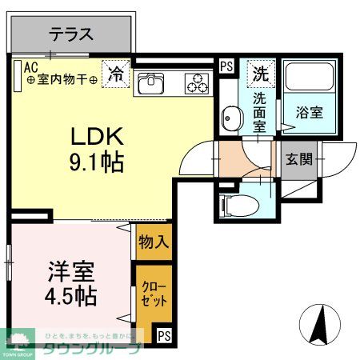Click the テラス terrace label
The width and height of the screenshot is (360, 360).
click(72, 35)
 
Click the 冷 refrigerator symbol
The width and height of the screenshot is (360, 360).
click(116, 75)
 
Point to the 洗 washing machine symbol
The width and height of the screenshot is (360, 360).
click(260, 74)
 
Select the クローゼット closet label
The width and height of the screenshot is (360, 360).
click(150, 295)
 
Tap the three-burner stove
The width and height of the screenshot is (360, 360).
click(195, 80)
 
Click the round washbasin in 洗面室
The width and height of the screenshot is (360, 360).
click(232, 119)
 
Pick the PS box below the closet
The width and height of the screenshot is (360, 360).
click(163, 336)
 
